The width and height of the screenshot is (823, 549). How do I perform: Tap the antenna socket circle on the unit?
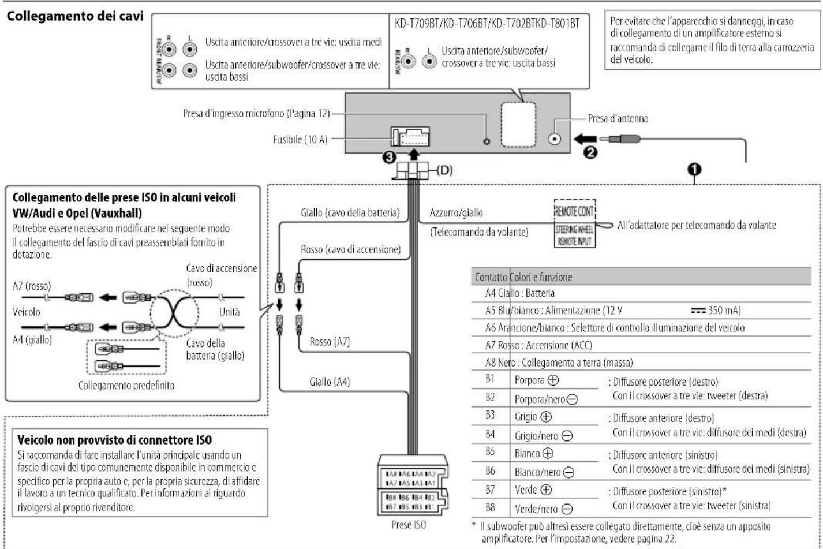555,139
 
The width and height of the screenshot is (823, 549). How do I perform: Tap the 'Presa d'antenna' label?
618,119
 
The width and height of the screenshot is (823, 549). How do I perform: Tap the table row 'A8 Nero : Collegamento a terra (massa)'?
559,363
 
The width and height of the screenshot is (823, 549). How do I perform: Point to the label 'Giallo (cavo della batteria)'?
350,212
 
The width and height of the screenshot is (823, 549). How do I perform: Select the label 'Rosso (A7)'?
330,342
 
